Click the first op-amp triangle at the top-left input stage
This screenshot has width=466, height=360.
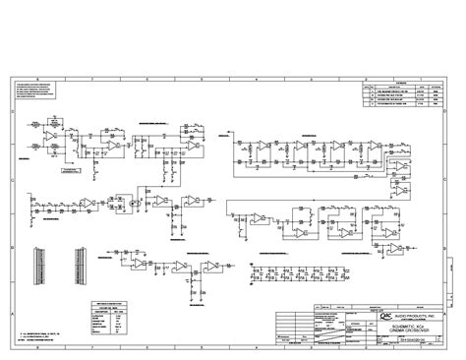[x=49, y=129]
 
